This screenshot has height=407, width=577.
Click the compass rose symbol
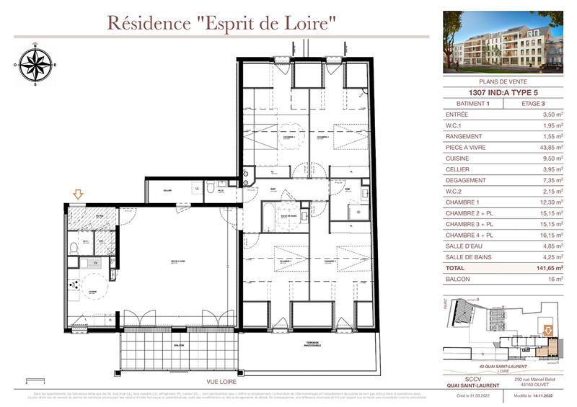[x=34, y=65]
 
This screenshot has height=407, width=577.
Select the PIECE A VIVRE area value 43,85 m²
[x=548, y=147]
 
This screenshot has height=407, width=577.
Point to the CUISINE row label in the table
[x=458, y=158]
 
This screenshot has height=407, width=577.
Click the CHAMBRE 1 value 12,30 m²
[x=548, y=202]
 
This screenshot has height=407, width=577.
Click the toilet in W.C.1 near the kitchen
[x=74, y=248]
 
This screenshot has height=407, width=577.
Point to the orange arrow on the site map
[x=547, y=331]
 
